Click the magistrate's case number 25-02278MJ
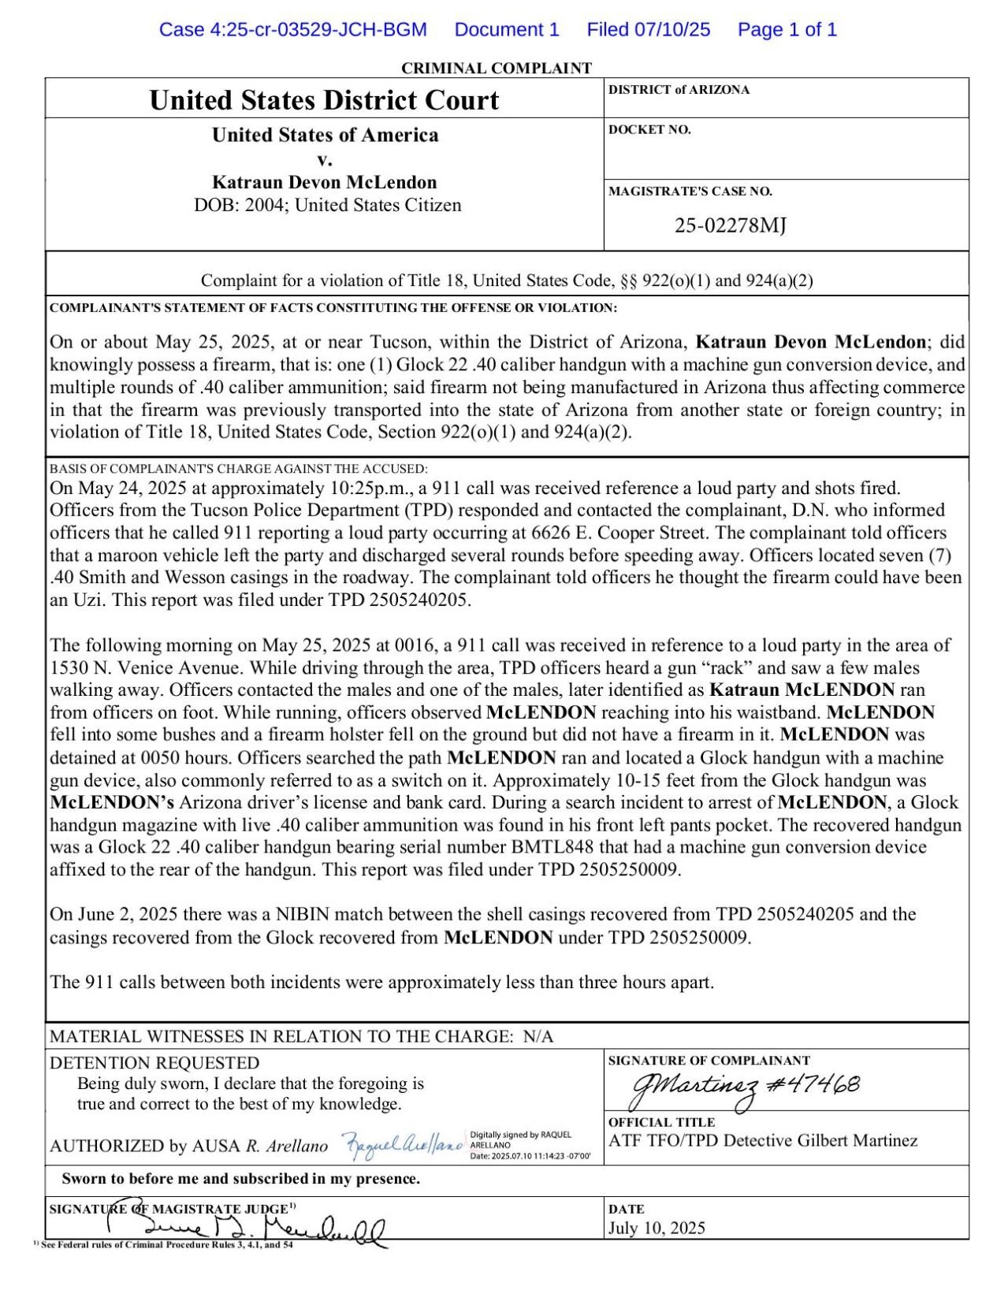[x=730, y=226]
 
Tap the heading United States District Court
[x=324, y=100]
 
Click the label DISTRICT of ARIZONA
[x=679, y=90]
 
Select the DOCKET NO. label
[x=649, y=130]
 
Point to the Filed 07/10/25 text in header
[x=648, y=30]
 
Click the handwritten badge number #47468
[x=813, y=1084]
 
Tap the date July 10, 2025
[x=657, y=1228]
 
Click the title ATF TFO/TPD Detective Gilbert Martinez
[x=762, y=1140]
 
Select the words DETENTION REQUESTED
[x=154, y=1062]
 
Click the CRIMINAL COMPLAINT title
[x=497, y=68]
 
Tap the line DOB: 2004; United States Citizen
[x=327, y=206]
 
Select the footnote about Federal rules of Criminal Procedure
[x=166, y=1245]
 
